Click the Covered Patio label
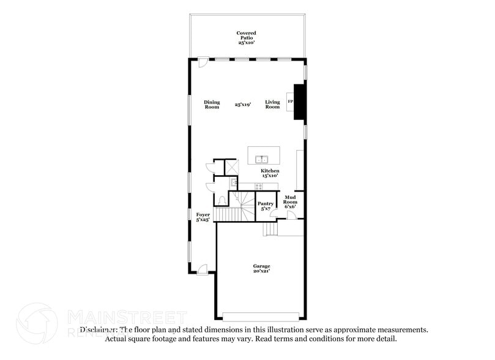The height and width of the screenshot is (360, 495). point(247,37)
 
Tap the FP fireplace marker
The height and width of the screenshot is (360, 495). point(290,101)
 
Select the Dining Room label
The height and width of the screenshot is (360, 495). point(212,105)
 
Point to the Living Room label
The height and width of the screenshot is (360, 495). point(272,105)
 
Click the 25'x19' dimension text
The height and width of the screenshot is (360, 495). point(243,105)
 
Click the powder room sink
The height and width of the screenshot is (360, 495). point(233,182)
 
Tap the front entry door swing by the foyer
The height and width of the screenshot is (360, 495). point(202,269)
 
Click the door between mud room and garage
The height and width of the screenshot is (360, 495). point(283,215)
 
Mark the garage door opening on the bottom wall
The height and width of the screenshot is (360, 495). point(261,317)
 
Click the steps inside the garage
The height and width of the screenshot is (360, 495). point(270,229)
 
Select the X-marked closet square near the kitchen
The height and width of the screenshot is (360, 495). point(232,166)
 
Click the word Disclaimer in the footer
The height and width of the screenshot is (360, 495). point(98,329)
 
